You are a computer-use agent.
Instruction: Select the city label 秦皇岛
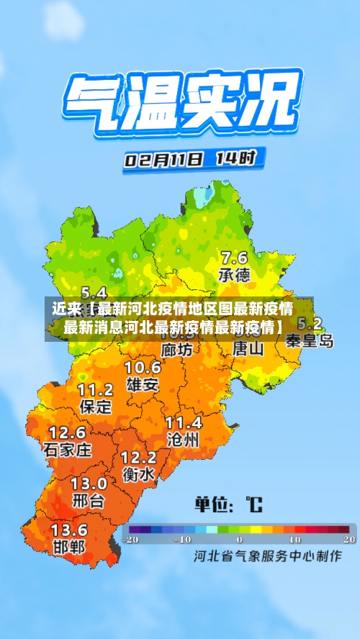310,341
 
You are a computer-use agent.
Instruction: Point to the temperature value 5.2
310,324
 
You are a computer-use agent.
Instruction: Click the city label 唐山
248,349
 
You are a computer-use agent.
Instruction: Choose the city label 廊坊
177,350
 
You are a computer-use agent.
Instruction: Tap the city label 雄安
143,384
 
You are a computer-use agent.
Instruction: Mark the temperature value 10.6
143,368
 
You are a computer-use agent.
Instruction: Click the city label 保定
95,406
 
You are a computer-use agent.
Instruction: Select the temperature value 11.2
95,390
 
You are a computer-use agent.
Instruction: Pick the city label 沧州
183,439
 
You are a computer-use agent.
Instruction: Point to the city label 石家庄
68,450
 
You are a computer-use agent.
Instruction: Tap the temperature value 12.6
67,433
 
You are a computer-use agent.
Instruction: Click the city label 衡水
138,474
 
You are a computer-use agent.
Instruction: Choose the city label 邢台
89,500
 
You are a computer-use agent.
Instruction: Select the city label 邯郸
69,546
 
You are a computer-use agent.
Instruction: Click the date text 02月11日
164,159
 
